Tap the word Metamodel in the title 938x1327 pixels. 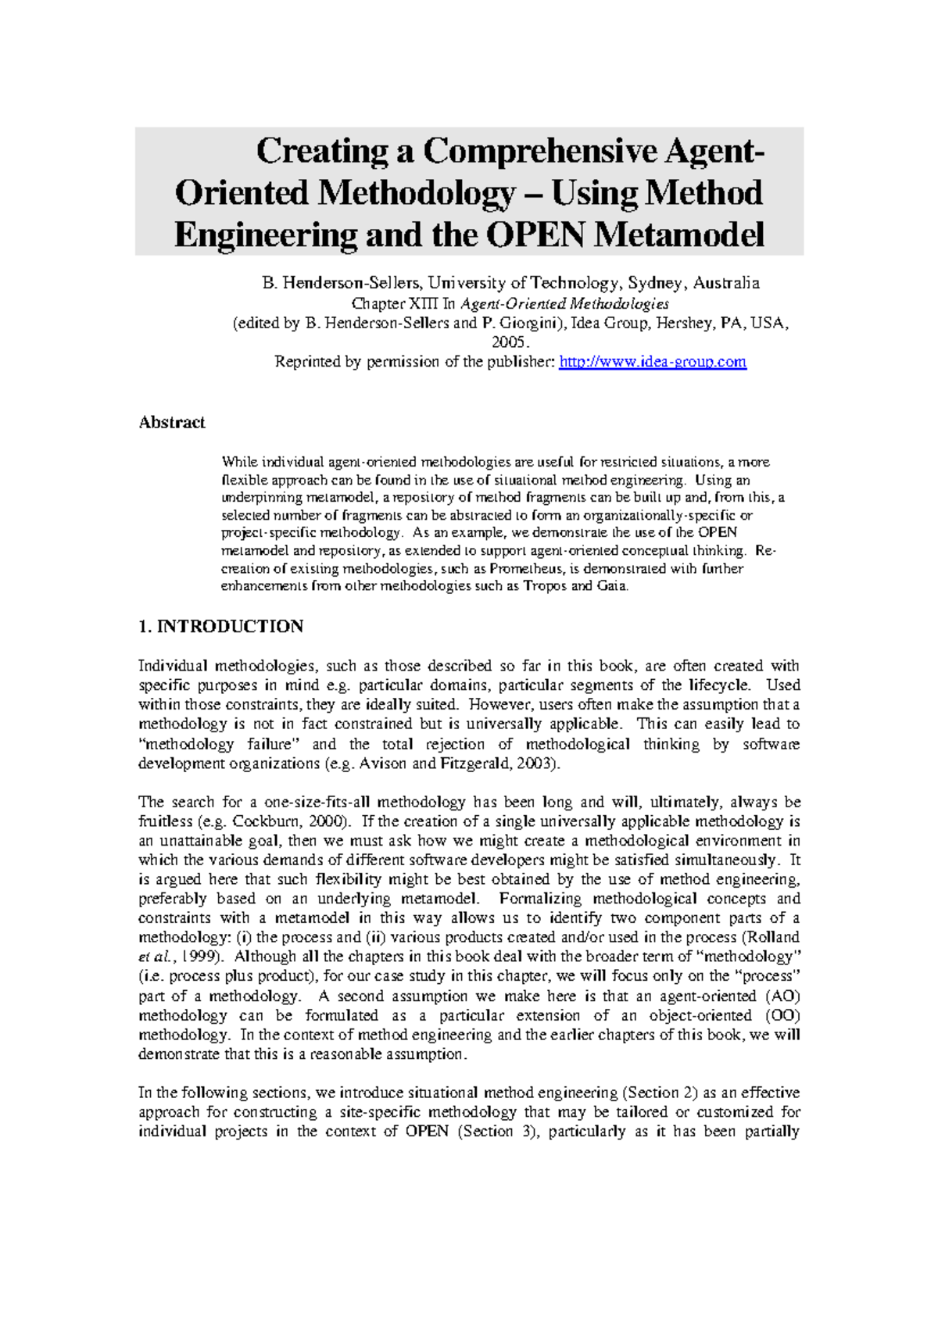(x=679, y=234)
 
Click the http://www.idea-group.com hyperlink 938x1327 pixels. (x=653, y=362)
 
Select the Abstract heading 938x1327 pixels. (x=171, y=423)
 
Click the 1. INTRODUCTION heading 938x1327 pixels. (x=221, y=627)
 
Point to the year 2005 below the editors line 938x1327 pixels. (x=510, y=342)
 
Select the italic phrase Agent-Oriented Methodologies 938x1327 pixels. (x=564, y=303)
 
